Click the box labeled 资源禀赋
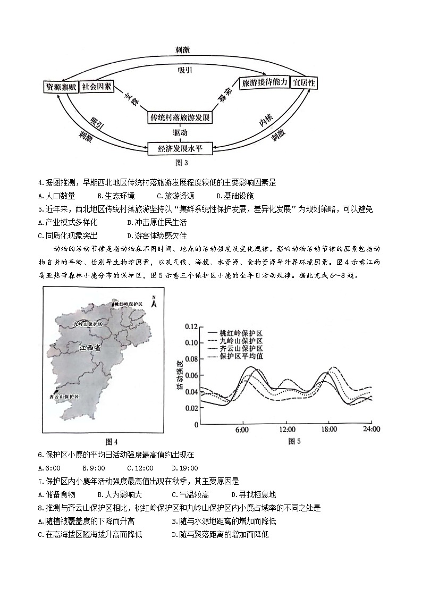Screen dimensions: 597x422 click(x=61, y=87)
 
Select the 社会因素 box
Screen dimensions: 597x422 click(x=96, y=87)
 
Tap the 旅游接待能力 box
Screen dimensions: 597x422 click(x=264, y=82)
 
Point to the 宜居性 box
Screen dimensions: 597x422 click(x=305, y=83)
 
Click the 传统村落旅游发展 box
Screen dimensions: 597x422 click(x=180, y=117)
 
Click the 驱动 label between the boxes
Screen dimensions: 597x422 click(x=180, y=132)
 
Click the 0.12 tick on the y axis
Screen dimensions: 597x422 click(x=190, y=326)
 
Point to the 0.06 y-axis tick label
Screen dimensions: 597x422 click(x=190, y=375)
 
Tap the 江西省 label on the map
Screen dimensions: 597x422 click(x=89, y=348)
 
